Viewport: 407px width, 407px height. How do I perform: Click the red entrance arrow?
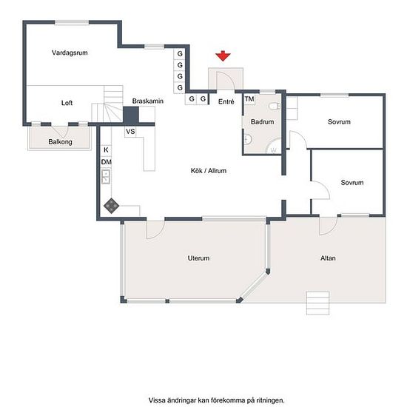(223, 55)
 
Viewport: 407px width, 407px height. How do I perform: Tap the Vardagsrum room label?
(70, 53)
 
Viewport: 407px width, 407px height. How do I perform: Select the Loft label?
(67, 103)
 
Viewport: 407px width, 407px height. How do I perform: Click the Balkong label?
(60, 142)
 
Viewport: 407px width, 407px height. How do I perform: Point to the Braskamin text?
(148, 101)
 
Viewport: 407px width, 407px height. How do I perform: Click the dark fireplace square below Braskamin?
(131, 115)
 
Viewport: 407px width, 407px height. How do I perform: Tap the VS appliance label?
(130, 132)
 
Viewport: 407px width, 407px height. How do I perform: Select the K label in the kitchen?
(106, 149)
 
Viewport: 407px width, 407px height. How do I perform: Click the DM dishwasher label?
(106, 162)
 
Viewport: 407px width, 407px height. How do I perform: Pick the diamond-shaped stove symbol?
(111, 206)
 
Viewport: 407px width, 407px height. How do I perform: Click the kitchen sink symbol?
(106, 177)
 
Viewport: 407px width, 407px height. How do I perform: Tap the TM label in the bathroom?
(249, 99)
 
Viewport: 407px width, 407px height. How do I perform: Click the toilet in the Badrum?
(275, 106)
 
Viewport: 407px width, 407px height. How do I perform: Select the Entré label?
(226, 102)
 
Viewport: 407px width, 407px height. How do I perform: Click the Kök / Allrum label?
(209, 170)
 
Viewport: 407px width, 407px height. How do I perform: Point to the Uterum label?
(198, 258)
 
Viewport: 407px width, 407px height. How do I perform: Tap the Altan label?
(328, 258)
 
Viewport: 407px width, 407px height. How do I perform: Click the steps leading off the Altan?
(318, 303)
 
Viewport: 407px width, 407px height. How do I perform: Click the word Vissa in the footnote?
(157, 400)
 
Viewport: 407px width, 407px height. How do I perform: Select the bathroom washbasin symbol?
(248, 139)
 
